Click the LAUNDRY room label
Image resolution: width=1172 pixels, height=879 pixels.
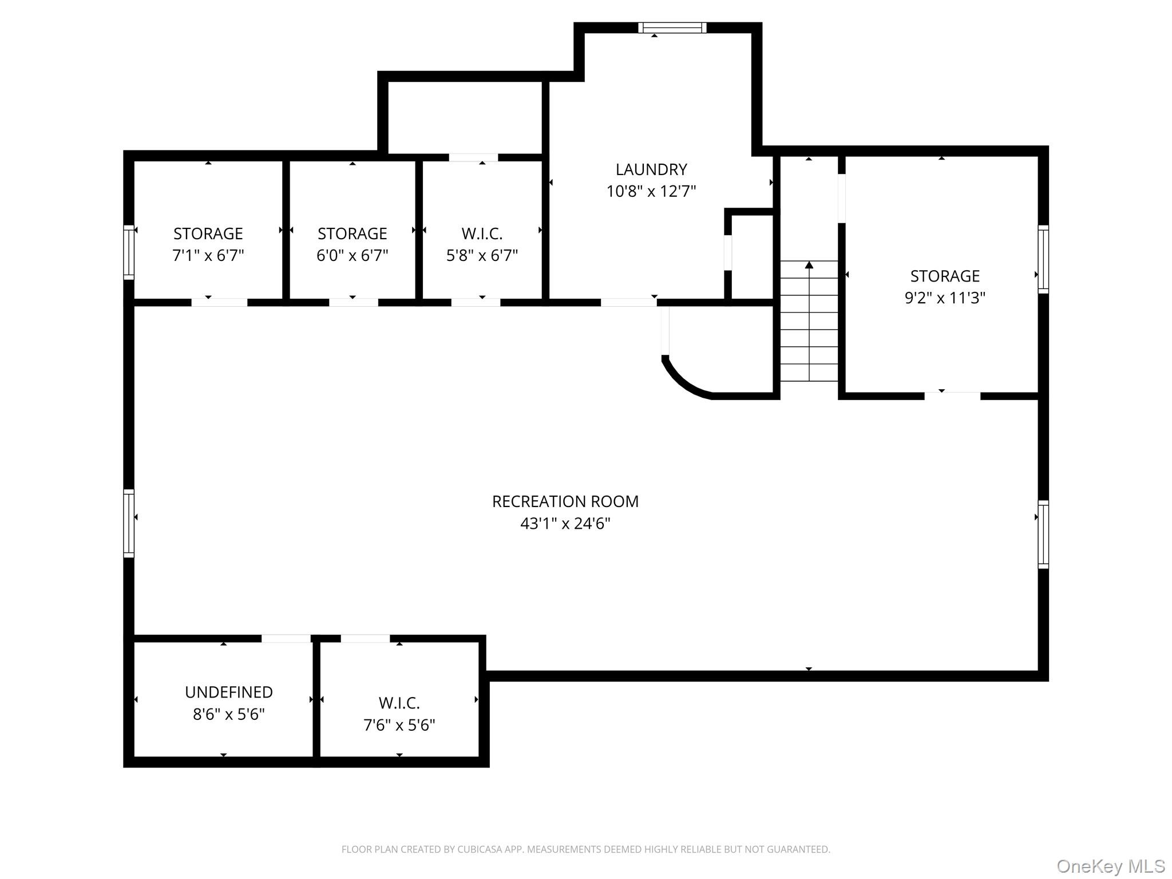pos(651,169)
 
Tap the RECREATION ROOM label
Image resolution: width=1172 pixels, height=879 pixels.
pos(565,501)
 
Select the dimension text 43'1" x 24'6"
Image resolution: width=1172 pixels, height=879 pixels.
pos(565,523)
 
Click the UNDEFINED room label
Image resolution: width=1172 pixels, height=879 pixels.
pos(229,692)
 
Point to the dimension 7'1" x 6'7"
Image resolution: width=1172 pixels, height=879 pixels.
pos(208,255)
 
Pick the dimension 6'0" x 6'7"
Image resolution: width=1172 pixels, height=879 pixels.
pos(353,255)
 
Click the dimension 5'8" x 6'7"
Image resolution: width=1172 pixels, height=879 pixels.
pos(482,255)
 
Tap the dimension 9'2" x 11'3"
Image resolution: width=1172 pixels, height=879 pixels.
pos(945,298)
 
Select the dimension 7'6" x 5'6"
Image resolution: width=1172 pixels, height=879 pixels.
pos(399,725)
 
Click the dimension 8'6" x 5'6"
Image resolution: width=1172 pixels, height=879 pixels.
pos(229,714)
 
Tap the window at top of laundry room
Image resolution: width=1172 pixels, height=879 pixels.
pos(672,27)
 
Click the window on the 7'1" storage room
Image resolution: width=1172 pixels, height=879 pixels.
pos(129,252)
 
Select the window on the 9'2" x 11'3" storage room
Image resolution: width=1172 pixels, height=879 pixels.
pos(1044,259)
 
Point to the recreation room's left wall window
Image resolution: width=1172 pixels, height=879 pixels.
pos(129,523)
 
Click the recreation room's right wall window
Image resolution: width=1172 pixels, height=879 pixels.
pos(1044,534)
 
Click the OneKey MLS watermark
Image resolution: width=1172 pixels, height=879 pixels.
pos(1111,866)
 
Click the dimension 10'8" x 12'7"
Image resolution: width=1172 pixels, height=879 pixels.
pos(651,191)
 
